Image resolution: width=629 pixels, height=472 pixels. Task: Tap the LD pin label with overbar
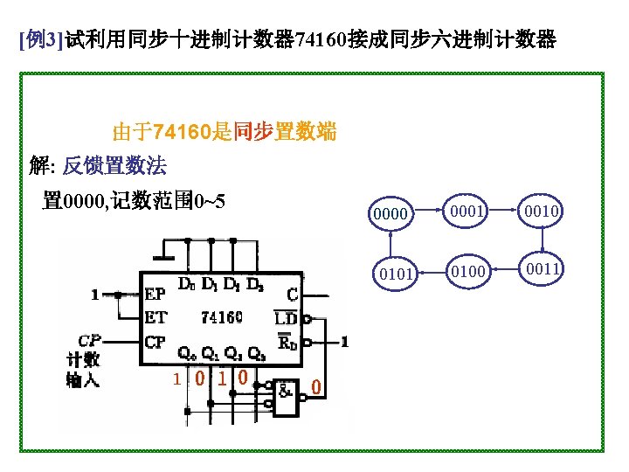287,317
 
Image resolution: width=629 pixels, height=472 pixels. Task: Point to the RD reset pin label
287,341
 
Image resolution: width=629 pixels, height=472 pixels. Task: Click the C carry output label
292,295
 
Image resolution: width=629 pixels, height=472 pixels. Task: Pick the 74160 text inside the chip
222,316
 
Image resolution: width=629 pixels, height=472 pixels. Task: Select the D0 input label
186,284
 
